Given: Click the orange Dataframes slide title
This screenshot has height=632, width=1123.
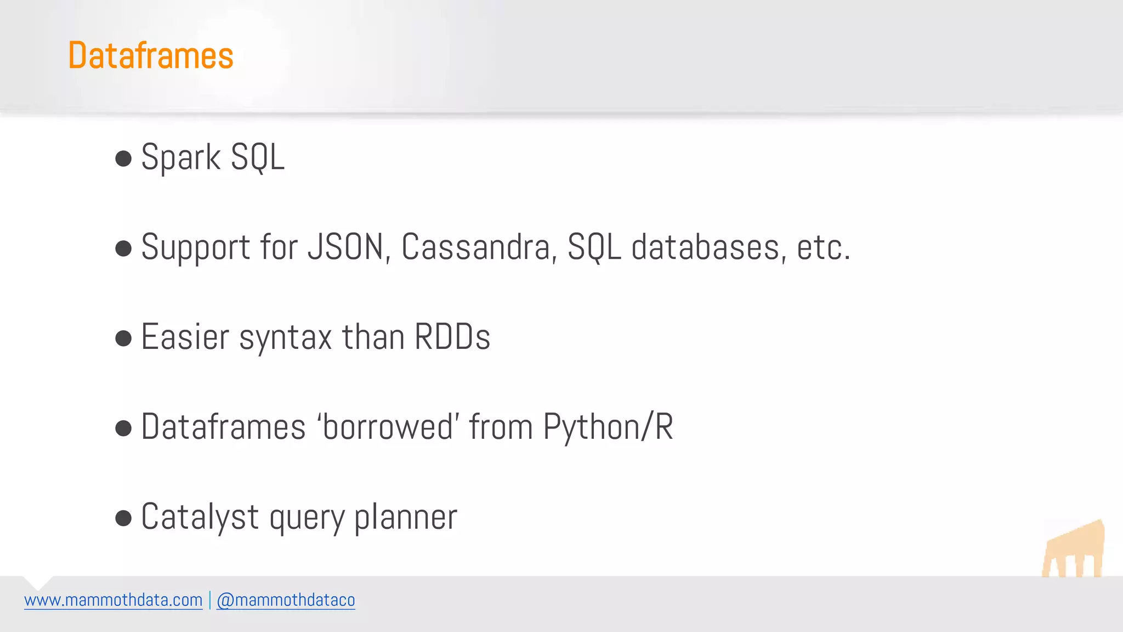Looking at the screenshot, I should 151,55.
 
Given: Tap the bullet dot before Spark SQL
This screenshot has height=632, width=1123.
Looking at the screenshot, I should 124,159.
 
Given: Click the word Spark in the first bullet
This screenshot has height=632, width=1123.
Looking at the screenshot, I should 180,158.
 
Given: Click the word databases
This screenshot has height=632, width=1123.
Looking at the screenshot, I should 706,247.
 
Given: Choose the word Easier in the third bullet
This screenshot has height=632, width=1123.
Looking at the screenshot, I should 185,337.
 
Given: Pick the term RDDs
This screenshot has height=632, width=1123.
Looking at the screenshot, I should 452,337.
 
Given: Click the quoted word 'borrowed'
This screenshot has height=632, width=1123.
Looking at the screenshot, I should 388,427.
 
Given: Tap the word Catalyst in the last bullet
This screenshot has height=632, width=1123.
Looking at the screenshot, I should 200,517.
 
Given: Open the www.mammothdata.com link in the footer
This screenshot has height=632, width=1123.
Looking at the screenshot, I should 114,600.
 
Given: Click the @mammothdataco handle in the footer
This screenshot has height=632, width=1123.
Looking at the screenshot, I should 286,600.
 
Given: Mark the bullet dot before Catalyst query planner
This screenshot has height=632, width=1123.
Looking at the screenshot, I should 124,518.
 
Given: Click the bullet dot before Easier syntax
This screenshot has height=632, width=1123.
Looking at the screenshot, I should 124,338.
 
